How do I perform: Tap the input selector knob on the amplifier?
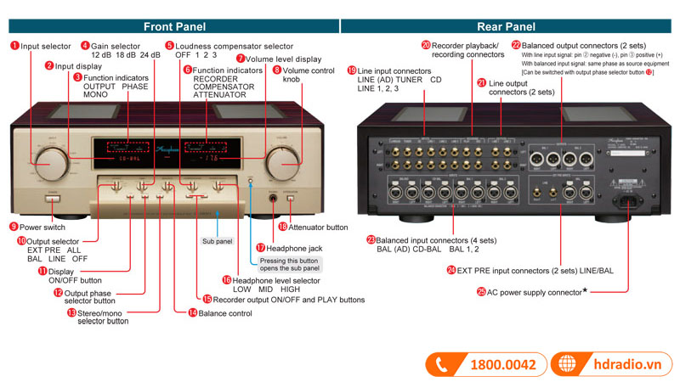(51, 159)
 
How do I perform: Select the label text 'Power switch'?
(42, 227)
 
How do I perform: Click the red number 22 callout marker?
(516, 44)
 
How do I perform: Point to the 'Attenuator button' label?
(319, 227)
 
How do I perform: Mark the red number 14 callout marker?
(192, 312)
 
